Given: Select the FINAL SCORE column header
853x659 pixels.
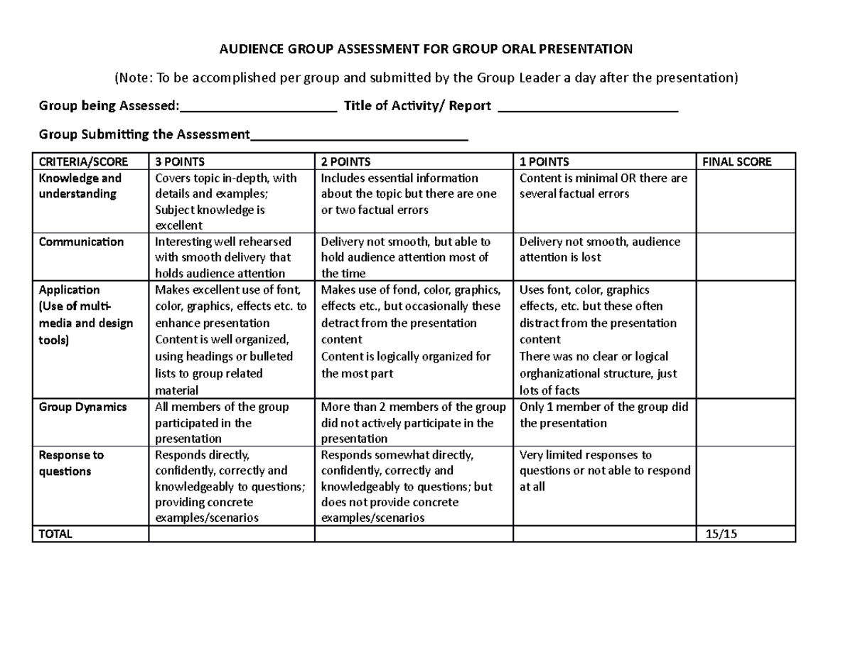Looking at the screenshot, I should (736, 161).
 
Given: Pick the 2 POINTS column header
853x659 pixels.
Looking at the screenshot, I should (345, 161).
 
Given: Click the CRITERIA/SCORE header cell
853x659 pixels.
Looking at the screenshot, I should (75, 161).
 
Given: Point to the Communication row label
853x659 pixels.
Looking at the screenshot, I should (80, 242).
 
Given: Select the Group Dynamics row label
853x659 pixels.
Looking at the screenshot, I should (83, 407).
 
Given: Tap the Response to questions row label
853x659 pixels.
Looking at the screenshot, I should (71, 463).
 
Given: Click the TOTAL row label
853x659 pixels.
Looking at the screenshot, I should (55, 534).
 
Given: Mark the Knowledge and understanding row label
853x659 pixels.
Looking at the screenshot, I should (80, 186).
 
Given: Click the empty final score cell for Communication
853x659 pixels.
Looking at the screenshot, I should (745, 257).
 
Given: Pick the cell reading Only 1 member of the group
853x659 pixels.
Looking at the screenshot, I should (604, 415).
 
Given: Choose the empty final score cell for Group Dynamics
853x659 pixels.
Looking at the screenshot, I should (745, 423).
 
